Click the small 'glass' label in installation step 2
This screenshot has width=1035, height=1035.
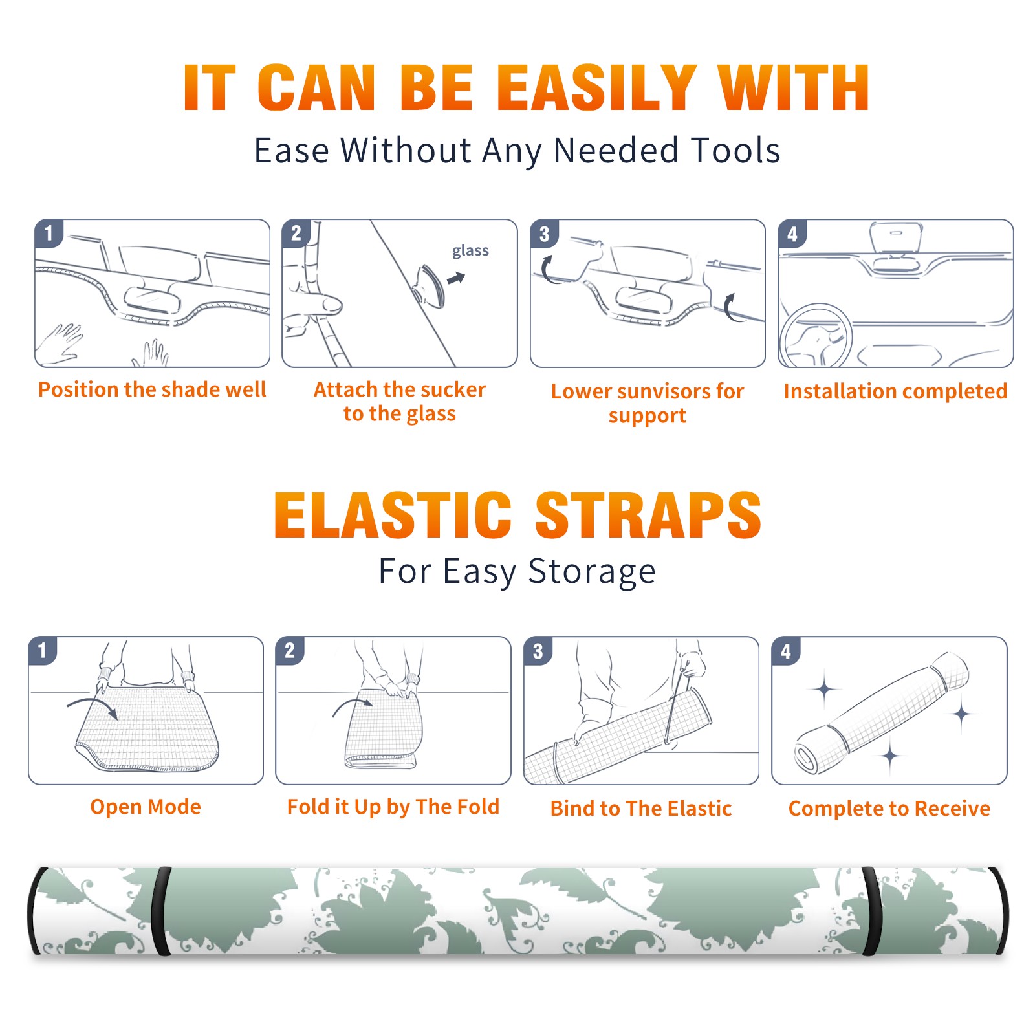(x=470, y=251)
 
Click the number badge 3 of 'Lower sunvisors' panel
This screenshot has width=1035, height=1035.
(x=544, y=234)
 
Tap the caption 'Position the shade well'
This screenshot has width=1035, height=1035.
(x=152, y=389)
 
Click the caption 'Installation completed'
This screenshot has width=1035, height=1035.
(x=895, y=391)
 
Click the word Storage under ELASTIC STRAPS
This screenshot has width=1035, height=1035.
(x=592, y=572)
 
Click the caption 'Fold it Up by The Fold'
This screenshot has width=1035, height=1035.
(x=393, y=807)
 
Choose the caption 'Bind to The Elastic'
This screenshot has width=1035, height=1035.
(x=641, y=809)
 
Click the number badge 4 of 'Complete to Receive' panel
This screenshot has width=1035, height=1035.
(x=786, y=651)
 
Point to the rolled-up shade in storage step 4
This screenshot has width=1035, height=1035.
(x=882, y=714)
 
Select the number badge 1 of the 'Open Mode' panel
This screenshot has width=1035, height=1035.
(x=43, y=651)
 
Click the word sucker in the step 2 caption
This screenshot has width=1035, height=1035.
(x=453, y=389)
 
